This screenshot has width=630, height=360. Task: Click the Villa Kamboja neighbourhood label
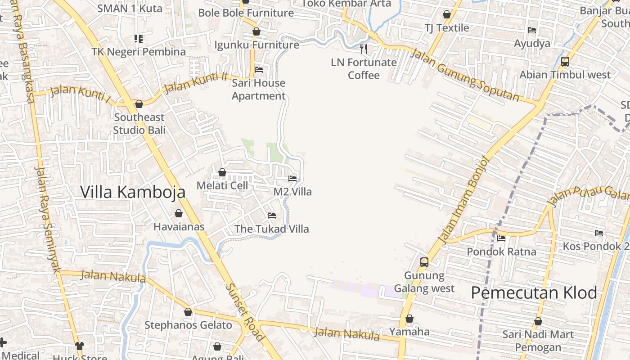133,192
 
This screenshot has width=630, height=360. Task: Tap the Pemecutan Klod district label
534,293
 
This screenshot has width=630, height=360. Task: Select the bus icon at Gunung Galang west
424,262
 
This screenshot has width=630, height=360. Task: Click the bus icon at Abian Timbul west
565,62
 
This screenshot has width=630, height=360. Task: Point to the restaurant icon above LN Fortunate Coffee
364,49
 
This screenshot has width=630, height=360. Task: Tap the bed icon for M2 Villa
292,179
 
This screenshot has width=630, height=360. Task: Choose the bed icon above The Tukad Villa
272,216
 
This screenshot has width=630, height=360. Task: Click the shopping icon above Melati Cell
222,172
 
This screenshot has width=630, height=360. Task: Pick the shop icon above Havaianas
179,213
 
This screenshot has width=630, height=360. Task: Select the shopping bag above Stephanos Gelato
188,312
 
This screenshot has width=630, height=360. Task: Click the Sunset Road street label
245,311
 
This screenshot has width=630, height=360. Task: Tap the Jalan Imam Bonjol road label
463,200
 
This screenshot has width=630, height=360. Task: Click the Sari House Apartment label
258,89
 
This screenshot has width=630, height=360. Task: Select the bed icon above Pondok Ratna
501,238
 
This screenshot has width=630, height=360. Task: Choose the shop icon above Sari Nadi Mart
538,322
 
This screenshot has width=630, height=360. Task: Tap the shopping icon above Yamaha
409,319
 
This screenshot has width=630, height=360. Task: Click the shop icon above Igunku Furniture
256,32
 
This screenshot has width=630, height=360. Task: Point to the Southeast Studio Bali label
139,124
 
